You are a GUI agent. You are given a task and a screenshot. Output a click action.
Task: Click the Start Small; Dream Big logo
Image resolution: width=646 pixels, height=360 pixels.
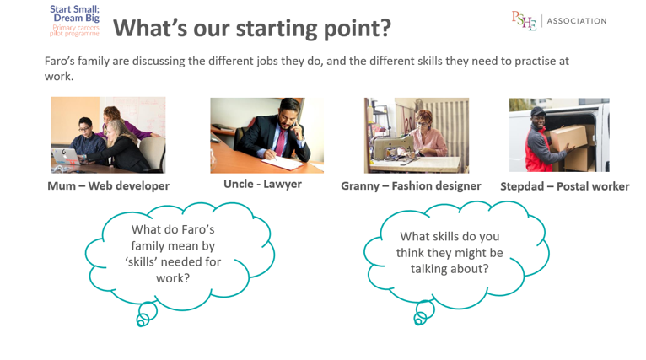tap(74, 20)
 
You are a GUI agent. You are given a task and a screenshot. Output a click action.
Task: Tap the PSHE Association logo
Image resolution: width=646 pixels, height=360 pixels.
tap(559, 20)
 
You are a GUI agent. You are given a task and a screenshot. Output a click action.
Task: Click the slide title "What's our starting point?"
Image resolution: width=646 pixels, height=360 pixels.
tap(252, 28)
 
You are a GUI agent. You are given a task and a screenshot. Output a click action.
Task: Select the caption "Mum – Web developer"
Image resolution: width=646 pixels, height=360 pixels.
tap(108, 185)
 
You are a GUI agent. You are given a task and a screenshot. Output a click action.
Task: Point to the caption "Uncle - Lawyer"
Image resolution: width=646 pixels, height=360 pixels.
tap(262, 184)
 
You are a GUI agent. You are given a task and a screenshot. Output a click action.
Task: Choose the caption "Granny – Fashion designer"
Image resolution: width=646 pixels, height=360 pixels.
tap(411, 186)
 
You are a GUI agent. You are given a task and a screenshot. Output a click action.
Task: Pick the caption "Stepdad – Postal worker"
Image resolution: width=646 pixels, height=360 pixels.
tap(565, 186)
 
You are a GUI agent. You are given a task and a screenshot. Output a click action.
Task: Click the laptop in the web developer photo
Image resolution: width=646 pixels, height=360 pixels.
tap(66, 157)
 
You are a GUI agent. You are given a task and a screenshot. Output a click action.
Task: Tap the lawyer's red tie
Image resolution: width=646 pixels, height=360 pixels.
tap(281, 142)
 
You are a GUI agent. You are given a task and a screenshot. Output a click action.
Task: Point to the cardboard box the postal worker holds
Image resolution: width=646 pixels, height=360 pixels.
tap(568, 137)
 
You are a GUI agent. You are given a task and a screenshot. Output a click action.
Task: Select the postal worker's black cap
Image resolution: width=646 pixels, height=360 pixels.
tap(538, 111)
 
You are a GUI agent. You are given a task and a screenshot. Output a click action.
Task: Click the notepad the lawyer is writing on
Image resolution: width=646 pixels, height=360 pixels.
tap(283, 163)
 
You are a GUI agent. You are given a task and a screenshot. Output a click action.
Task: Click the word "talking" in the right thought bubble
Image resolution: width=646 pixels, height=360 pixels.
tap(429, 269)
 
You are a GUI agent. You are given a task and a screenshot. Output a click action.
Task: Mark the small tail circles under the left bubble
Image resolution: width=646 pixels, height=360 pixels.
tap(146, 314)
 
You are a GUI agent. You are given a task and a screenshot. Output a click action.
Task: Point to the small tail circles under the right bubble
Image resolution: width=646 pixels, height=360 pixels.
tap(424, 312)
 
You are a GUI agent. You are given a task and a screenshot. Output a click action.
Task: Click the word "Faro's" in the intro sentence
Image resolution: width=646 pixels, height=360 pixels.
tap(59, 61)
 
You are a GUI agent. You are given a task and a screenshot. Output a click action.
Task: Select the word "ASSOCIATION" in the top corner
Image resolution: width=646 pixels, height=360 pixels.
tap(577, 21)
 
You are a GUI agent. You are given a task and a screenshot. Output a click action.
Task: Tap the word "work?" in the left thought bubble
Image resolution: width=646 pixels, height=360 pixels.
tap(173, 278)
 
